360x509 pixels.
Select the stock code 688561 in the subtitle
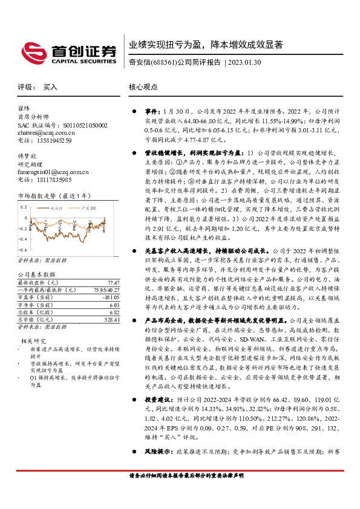click(x=165, y=62)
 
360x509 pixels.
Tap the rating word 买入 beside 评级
click(x=50, y=87)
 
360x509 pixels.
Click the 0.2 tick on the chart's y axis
click(x=24, y=206)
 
